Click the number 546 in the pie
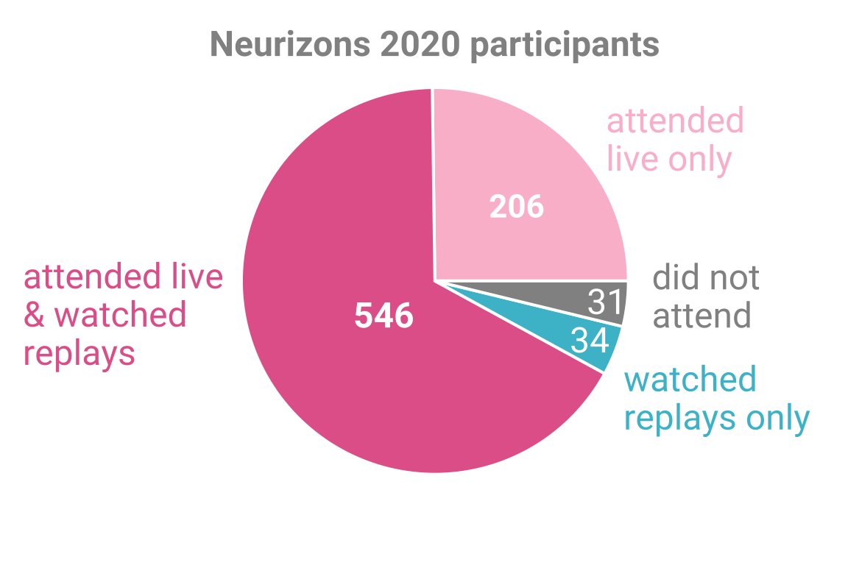[384, 317]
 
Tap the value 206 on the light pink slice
[516, 207]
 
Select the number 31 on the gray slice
[606, 302]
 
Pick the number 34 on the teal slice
[591, 341]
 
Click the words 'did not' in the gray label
[705, 278]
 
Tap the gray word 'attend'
[702, 316]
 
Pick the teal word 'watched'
[690, 380]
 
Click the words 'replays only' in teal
[716, 418]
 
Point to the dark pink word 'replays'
[79, 354]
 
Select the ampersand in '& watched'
[35, 315]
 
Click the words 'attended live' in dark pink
[123, 277]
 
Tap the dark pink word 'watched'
[121, 315]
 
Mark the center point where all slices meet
[434, 280]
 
